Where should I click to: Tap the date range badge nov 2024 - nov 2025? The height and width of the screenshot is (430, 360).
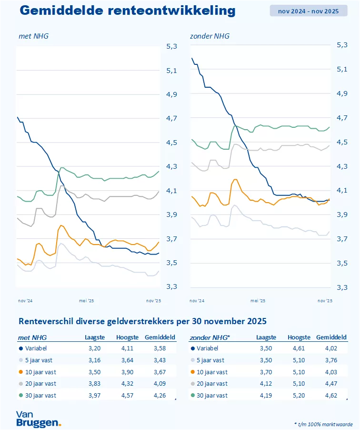tap(309, 10)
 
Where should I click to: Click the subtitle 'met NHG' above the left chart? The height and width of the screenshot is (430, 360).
tap(33, 36)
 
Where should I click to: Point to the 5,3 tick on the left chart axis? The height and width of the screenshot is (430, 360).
tap(171, 46)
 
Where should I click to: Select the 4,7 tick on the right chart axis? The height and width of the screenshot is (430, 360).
tap(342, 117)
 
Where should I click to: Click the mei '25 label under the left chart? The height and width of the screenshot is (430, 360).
tap(86, 301)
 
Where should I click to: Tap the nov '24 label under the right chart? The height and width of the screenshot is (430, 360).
tap(197, 301)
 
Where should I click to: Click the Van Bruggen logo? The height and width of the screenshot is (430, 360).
tap(38, 418)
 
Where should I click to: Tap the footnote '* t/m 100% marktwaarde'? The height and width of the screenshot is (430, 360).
tap(323, 423)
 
